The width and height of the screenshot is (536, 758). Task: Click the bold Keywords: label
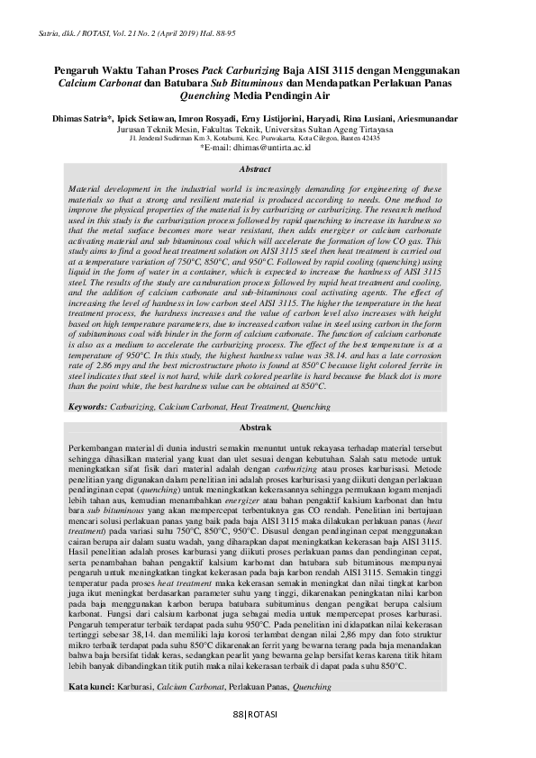point(88,407)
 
